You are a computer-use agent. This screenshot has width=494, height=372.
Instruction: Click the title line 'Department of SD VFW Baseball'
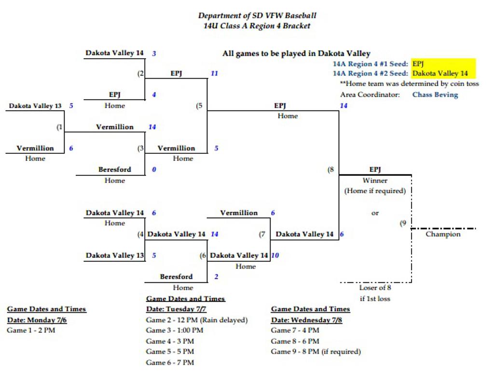[x=257, y=15]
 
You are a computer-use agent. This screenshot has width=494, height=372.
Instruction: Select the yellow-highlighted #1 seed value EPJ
[x=418, y=64]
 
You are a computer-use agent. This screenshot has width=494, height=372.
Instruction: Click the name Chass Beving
[x=435, y=95]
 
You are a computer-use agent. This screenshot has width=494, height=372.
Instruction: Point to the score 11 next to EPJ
[x=214, y=74]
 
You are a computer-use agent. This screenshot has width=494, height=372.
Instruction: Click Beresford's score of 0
[x=154, y=170]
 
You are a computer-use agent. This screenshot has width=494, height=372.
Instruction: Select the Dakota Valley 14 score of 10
[x=274, y=255]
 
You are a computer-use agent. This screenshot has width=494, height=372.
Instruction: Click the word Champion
[x=443, y=234]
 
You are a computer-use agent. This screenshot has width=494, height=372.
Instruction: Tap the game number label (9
[x=403, y=223]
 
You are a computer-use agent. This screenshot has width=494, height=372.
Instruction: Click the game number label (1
[x=59, y=127]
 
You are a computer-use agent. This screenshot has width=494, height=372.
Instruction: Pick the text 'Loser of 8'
[x=375, y=288]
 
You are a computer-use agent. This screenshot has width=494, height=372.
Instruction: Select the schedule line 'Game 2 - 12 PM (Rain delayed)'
[x=196, y=320]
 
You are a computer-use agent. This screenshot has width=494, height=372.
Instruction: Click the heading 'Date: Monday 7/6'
[x=37, y=320]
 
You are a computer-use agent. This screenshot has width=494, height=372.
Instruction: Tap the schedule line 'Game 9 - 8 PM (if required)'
[x=316, y=352]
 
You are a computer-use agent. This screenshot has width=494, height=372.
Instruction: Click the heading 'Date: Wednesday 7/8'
[x=306, y=320]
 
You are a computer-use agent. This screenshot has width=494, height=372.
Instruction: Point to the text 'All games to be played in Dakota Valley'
[x=296, y=53]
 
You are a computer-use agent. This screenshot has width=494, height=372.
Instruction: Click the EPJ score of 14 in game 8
[x=343, y=106]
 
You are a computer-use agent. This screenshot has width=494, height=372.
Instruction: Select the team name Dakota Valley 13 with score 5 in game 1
[x=35, y=106]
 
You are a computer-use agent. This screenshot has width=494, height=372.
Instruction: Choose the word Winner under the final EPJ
[x=375, y=181]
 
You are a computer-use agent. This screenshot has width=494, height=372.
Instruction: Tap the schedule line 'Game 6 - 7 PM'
[x=170, y=362]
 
